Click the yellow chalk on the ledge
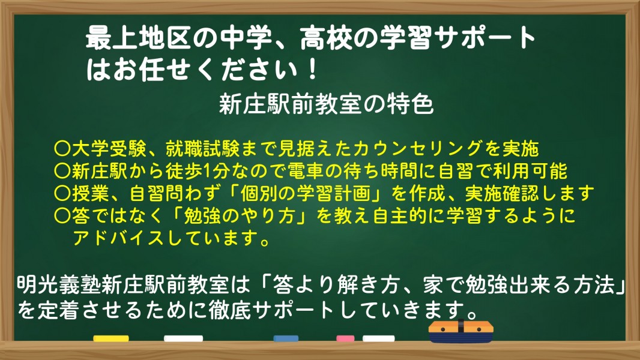pyautogui.click(x=111, y=338)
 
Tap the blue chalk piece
pyautogui.click(x=286, y=338)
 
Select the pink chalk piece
pyautogui.click(x=345, y=338)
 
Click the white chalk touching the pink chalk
pyautogui.click(x=378, y=338)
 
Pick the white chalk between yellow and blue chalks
pyautogui.click(x=183, y=338)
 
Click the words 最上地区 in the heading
pyautogui.click(x=138, y=38)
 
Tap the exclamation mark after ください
pyautogui.click(x=313, y=70)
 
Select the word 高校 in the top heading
pyautogui.click(x=326, y=38)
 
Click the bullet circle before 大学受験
pyautogui.click(x=62, y=149)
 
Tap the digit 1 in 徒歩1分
pyautogui.click(x=207, y=171)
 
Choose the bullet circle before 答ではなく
pyautogui.click(x=62, y=216)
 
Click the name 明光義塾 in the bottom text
pyautogui.click(x=59, y=284)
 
